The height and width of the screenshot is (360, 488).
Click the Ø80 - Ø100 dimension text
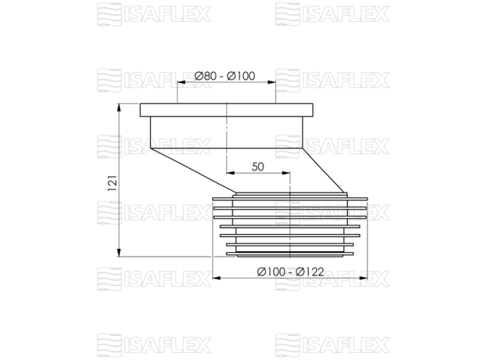tap(224, 76)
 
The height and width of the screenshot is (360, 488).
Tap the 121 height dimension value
tap(113, 183)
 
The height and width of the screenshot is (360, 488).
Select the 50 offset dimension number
tap(258, 167)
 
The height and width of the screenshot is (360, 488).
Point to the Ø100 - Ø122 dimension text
tap(290, 272)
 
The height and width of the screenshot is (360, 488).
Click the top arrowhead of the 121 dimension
tap(119, 108)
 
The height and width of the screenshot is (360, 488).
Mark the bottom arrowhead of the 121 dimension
tap(119, 253)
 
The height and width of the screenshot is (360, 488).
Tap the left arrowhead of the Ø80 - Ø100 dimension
tap(181, 82)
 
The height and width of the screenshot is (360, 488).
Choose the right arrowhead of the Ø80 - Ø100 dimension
tap(271, 82)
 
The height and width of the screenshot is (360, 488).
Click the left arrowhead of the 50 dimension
tap(231, 173)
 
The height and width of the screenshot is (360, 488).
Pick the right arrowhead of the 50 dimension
tap(285, 173)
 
